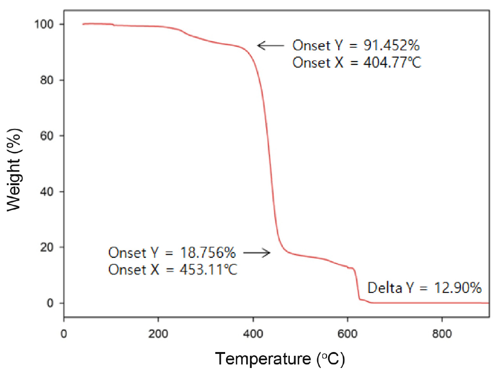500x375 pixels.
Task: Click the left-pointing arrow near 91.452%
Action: [271, 45]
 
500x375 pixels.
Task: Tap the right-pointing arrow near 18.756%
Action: [258, 253]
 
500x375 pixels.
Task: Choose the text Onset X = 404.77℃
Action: [357, 62]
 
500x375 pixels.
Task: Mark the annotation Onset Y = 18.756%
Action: [172, 253]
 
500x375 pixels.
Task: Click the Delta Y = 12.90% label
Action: [424, 288]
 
